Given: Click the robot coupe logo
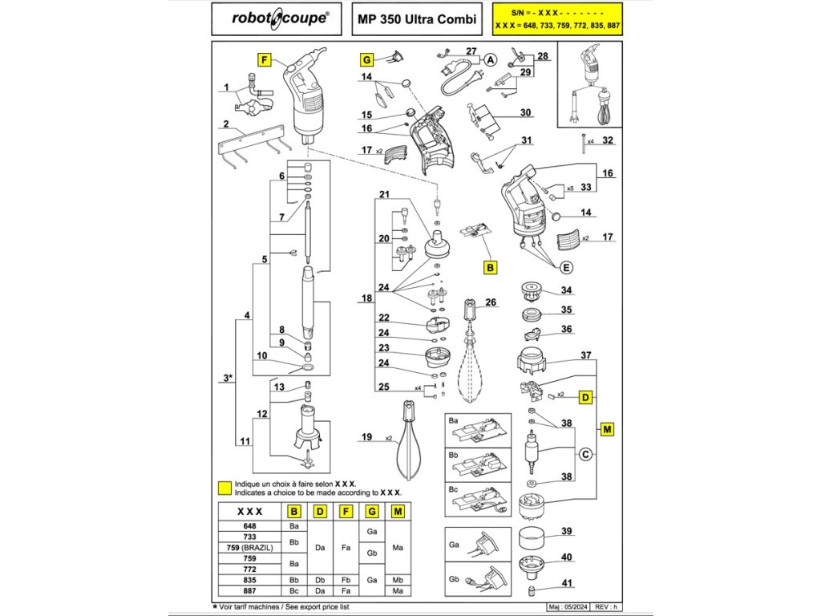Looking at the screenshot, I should point(280,18).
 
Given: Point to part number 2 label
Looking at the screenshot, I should point(226,124).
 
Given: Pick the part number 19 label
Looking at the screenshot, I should point(366,437).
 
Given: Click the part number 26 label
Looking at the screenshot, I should point(491,302).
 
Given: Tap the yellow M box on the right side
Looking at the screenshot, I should point(607,430).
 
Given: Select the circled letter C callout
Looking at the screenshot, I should point(585,456).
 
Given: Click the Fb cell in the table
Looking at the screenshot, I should point(346,578).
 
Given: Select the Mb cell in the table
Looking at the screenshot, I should point(398,578).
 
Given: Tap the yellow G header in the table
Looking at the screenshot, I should point(371,511).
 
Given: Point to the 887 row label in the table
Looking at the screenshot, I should point(250,590).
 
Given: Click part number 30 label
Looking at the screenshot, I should point(525,112).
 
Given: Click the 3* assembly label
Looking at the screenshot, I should point(229,377).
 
